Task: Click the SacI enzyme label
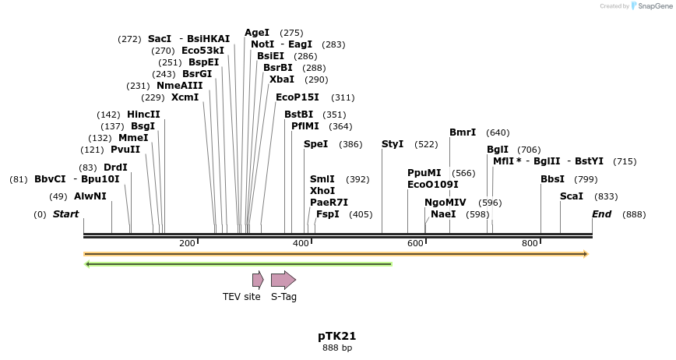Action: pyautogui.click(x=159, y=39)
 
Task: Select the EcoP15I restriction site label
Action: pyautogui.click(x=298, y=97)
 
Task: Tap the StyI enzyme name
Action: pyautogui.click(x=393, y=144)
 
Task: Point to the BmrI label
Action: pyautogui.click(x=463, y=132)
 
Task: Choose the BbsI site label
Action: pyautogui.click(x=552, y=179)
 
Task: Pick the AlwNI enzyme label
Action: pyautogui.click(x=90, y=196)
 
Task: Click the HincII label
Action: pyautogui.click(x=143, y=114)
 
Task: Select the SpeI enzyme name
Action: pyautogui.click(x=315, y=144)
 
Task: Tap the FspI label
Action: pyautogui.click(x=327, y=214)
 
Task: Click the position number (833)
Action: pyautogui.click(x=606, y=196)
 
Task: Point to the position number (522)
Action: pyautogui.click(x=426, y=144)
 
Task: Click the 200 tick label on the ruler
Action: pyautogui.click(x=187, y=244)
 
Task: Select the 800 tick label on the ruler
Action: pyautogui.click(x=530, y=244)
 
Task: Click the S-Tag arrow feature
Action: pyautogui.click(x=283, y=280)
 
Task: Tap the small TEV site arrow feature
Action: pyautogui.click(x=258, y=280)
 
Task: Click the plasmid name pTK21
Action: pyautogui.click(x=337, y=336)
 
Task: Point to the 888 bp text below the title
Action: pyautogui.click(x=337, y=348)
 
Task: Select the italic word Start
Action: pyautogui.click(x=65, y=214)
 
